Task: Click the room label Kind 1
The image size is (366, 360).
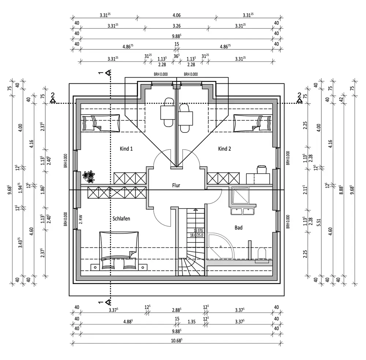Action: tap(126, 149)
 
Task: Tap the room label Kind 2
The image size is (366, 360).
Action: tap(225, 149)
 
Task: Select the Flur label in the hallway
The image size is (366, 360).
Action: tap(176, 185)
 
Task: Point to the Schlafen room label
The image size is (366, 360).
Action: tap(121, 219)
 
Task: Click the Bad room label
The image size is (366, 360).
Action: tap(239, 228)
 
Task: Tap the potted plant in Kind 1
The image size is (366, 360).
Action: tap(89, 177)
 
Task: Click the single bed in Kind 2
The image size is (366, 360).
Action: tap(253, 123)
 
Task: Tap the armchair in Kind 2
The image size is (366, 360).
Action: tap(262, 169)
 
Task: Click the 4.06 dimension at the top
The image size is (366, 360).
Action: tap(176, 15)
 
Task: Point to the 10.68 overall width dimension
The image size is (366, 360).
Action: tap(176, 341)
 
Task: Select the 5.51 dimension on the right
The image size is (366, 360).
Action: tap(319, 222)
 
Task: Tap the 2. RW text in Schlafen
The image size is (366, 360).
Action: tap(81, 219)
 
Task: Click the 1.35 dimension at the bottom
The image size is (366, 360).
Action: tap(191, 322)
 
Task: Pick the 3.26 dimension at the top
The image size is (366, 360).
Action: tap(176, 26)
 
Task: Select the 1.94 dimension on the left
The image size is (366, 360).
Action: tap(20, 188)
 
